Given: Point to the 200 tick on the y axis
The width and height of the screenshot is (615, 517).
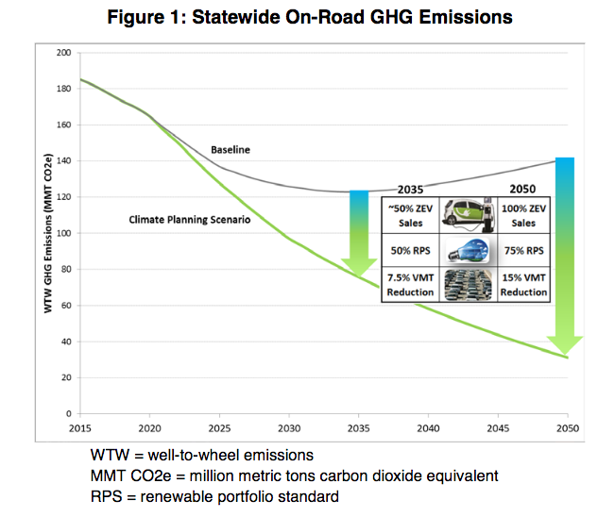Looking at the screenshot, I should tap(64, 52).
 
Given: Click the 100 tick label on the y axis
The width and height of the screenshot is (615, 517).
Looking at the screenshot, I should tap(64, 233).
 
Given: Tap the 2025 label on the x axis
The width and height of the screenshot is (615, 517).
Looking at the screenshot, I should tap(220, 427).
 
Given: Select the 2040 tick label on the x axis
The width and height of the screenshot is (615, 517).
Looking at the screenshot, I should tap(428, 427).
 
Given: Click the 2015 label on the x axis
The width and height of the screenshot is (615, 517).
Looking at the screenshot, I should tap(81, 427).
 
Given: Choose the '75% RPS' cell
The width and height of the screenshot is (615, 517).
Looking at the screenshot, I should tap(523, 251).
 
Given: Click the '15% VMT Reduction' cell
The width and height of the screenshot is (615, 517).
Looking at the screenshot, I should tap(523, 285).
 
